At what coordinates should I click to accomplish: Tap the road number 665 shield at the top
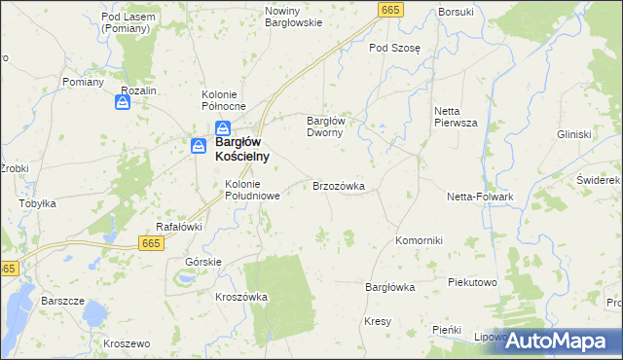(x=390, y=9)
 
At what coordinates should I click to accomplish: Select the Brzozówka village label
(x=338, y=185)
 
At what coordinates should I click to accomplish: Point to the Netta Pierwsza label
(x=455, y=117)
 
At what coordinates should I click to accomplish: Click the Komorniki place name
(x=419, y=240)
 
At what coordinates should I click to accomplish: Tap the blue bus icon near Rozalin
(x=124, y=101)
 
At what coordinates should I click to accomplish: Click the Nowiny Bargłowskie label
(x=293, y=17)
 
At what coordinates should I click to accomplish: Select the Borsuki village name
(x=456, y=12)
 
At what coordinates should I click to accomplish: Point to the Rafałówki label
(x=178, y=227)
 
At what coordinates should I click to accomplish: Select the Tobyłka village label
(x=38, y=204)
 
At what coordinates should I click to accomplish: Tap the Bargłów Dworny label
(x=326, y=126)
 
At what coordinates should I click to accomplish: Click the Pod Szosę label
(x=391, y=47)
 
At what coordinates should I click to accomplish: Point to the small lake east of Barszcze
(x=93, y=313)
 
